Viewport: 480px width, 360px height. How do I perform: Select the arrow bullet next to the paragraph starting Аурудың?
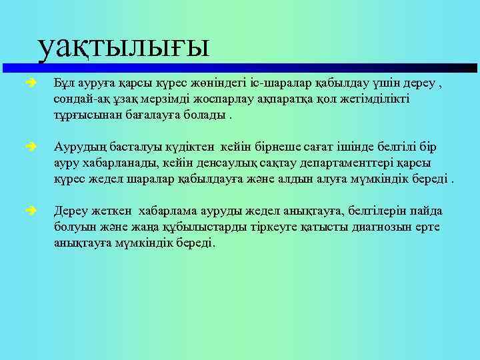(31, 148)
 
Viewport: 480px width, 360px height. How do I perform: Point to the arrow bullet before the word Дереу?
(31, 212)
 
